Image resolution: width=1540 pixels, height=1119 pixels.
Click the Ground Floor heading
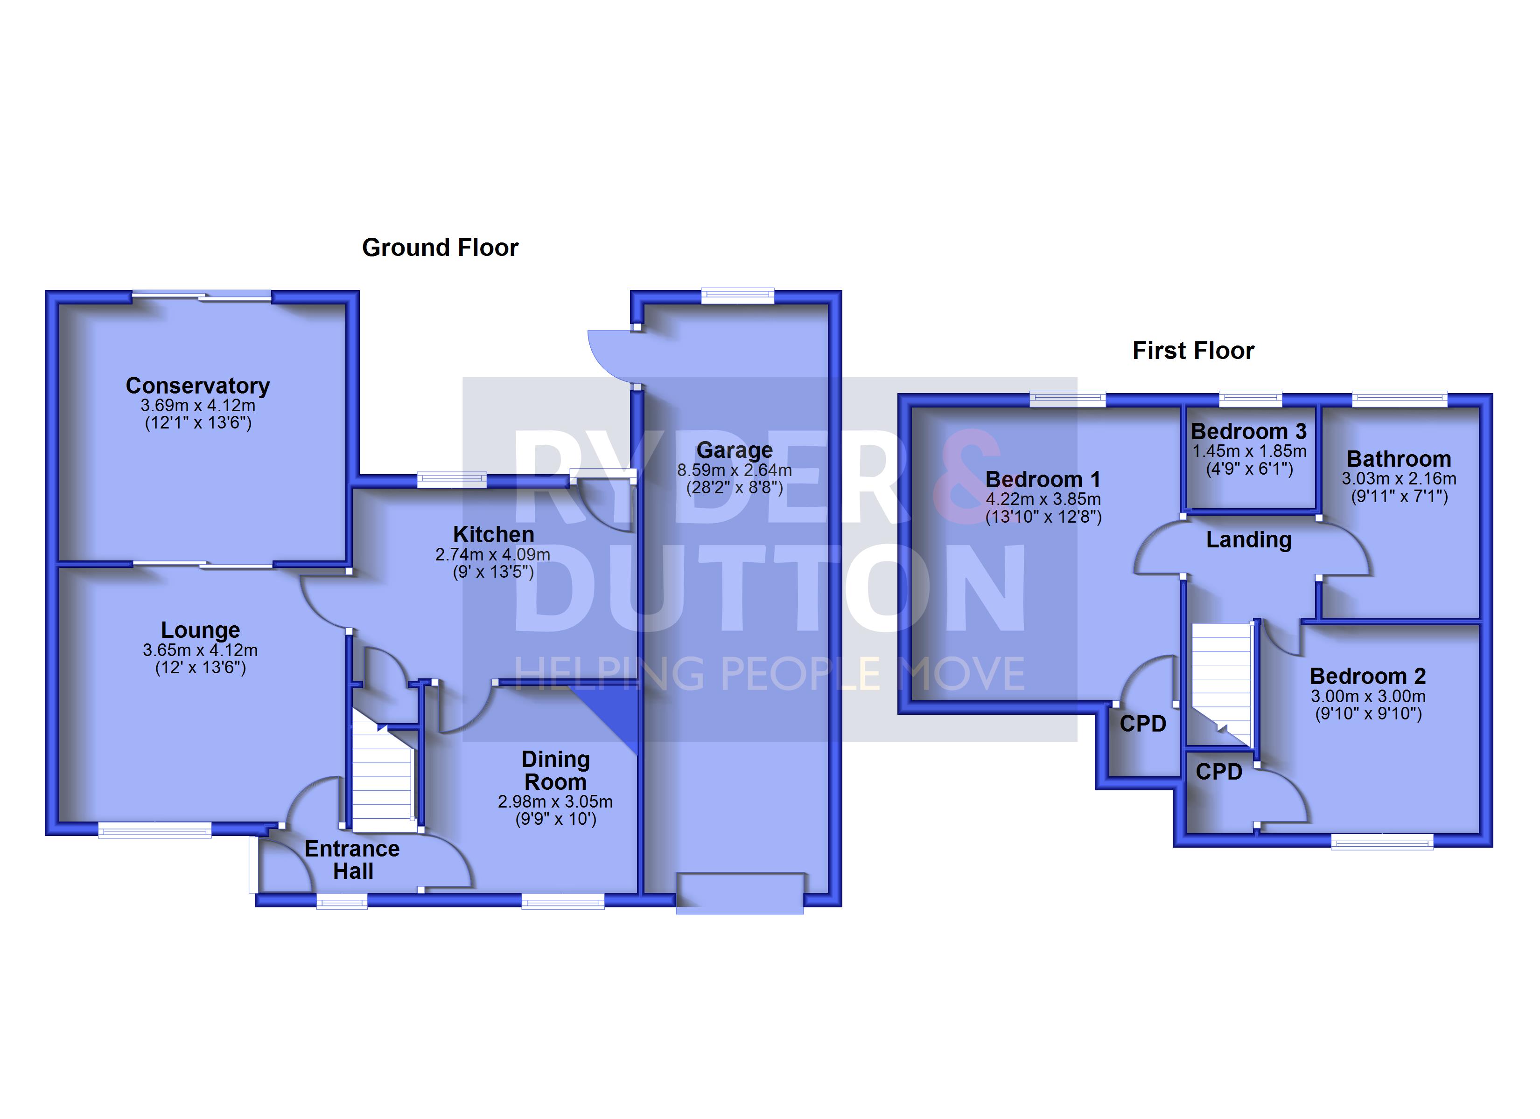[x=440, y=248]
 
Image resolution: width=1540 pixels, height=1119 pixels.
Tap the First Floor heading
[x=1193, y=351]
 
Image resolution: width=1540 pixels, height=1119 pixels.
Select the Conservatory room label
[x=197, y=386]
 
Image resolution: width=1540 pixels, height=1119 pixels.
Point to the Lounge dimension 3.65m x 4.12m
[x=200, y=650]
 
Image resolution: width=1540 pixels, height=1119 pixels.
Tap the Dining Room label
[x=555, y=770]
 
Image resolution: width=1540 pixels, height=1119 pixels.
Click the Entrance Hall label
[x=352, y=860]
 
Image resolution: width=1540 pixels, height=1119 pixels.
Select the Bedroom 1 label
[x=1043, y=479]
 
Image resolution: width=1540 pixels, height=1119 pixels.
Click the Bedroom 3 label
[x=1249, y=432]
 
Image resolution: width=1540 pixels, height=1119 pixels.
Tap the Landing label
[x=1249, y=540]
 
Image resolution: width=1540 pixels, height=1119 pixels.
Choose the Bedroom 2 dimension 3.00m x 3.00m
[x=1368, y=696]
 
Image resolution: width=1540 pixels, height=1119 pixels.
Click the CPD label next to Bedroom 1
[x=1143, y=724]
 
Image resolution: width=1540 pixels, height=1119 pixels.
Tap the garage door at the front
[x=740, y=894]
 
